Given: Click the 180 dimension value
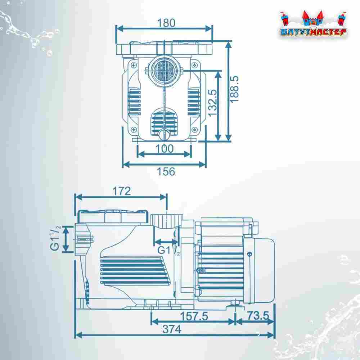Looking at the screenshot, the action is pos(166,23).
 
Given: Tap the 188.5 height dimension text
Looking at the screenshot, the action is pos(234,90).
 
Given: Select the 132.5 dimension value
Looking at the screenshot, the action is pos(213,103).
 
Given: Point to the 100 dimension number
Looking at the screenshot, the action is pos(165,149).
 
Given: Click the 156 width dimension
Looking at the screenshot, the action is pos(166,171).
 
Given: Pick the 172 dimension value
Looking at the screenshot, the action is pos(121,191).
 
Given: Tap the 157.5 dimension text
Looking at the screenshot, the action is pos(194,316).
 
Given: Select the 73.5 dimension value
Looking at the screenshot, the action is pos(258,315).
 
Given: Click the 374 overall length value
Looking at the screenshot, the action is pos(172,329).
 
